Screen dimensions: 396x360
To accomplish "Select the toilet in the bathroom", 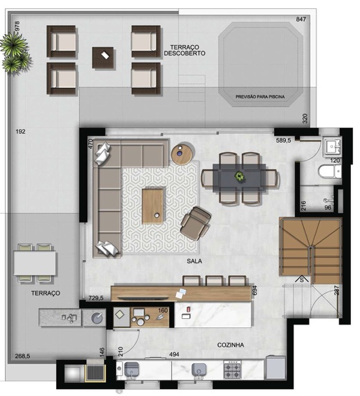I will click(327, 173).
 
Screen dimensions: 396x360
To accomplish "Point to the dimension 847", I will click(300, 19).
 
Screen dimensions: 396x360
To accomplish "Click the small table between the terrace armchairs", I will click(104, 55).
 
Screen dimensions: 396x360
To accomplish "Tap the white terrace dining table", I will click(35, 262).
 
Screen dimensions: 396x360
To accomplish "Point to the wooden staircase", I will click(312, 251).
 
